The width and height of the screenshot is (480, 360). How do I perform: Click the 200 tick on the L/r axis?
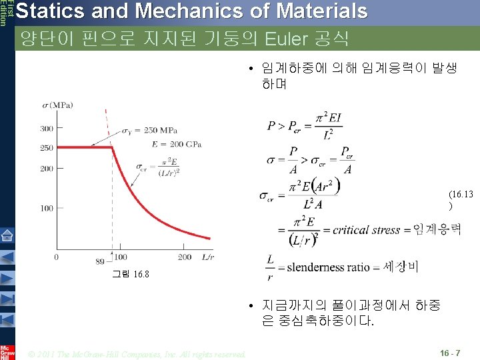coord(185,257)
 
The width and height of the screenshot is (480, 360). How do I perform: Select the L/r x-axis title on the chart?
coord(207,257)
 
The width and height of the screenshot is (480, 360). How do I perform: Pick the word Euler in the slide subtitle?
coord(284,38)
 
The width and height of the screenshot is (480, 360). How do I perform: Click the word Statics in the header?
coord(42,11)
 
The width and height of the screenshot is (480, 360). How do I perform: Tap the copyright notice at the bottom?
coord(137,353)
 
